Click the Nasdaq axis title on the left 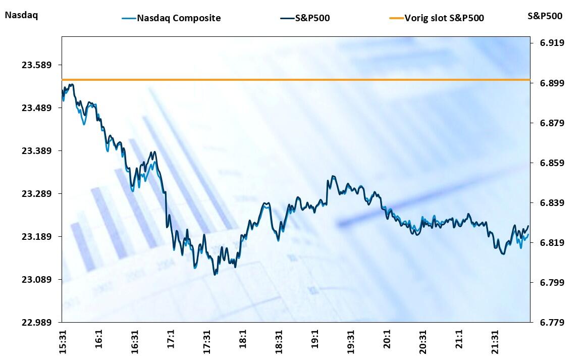pos(21,15)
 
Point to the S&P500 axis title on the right pos(545,16)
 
